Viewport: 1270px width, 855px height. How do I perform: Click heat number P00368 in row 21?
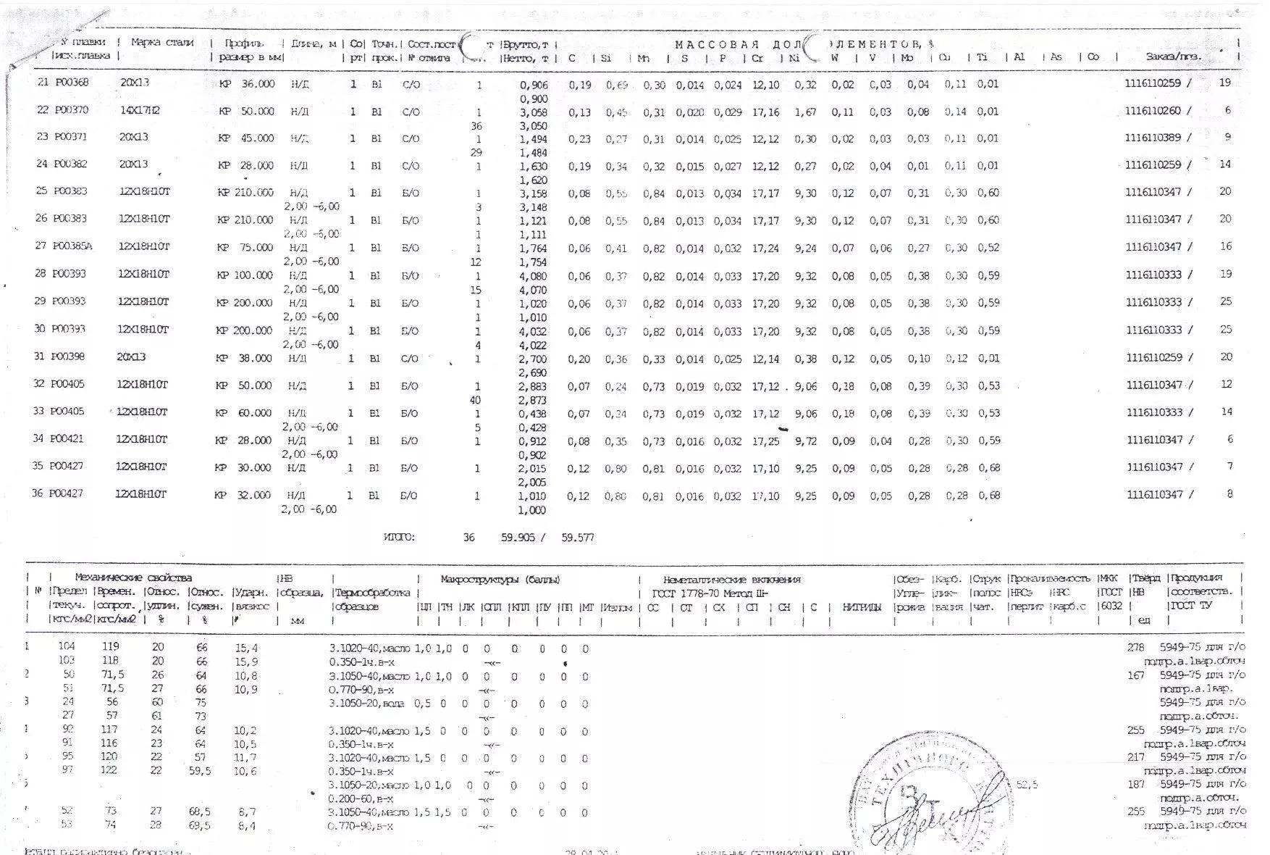point(71,83)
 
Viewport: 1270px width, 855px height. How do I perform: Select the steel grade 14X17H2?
point(140,110)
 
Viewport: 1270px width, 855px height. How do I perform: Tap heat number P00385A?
point(72,246)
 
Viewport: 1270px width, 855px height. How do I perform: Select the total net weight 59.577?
point(578,538)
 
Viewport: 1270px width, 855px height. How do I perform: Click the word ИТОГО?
point(399,538)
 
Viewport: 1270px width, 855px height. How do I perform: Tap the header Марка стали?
point(162,43)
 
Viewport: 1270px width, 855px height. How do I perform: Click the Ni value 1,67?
point(805,112)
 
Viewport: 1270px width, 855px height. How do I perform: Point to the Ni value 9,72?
point(805,441)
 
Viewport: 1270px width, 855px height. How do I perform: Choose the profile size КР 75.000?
point(246,248)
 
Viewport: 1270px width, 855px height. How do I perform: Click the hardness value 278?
point(1136,647)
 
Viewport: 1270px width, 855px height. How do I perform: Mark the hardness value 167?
point(1136,675)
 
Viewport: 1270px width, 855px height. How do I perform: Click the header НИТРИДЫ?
point(861,607)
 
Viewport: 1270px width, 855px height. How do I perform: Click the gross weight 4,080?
point(534,276)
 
